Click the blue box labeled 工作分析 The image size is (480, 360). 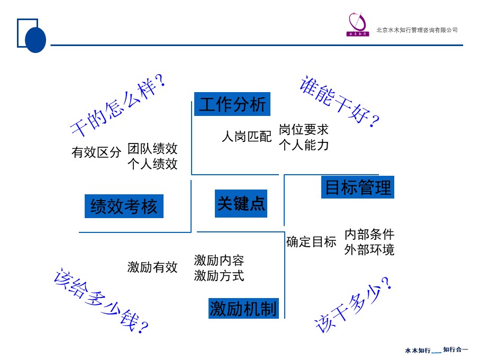[x=232, y=104]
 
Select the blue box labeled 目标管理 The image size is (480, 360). [x=358, y=188]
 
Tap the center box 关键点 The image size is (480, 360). [x=241, y=203]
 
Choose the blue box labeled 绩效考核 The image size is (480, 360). [x=124, y=206]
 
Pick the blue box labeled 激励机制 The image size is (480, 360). [x=243, y=309]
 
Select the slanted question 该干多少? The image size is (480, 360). [x=354, y=306]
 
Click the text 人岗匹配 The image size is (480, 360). [x=247, y=137]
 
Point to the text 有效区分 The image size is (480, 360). [x=96, y=153]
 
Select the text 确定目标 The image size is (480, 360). [x=311, y=242]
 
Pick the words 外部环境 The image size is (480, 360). [x=369, y=250]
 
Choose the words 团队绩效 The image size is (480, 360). [x=152, y=148]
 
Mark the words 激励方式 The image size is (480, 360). [x=219, y=276]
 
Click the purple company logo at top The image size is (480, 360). [x=358, y=24]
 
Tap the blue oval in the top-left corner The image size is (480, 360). [x=36, y=39]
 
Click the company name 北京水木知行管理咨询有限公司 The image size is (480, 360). [x=417, y=30]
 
